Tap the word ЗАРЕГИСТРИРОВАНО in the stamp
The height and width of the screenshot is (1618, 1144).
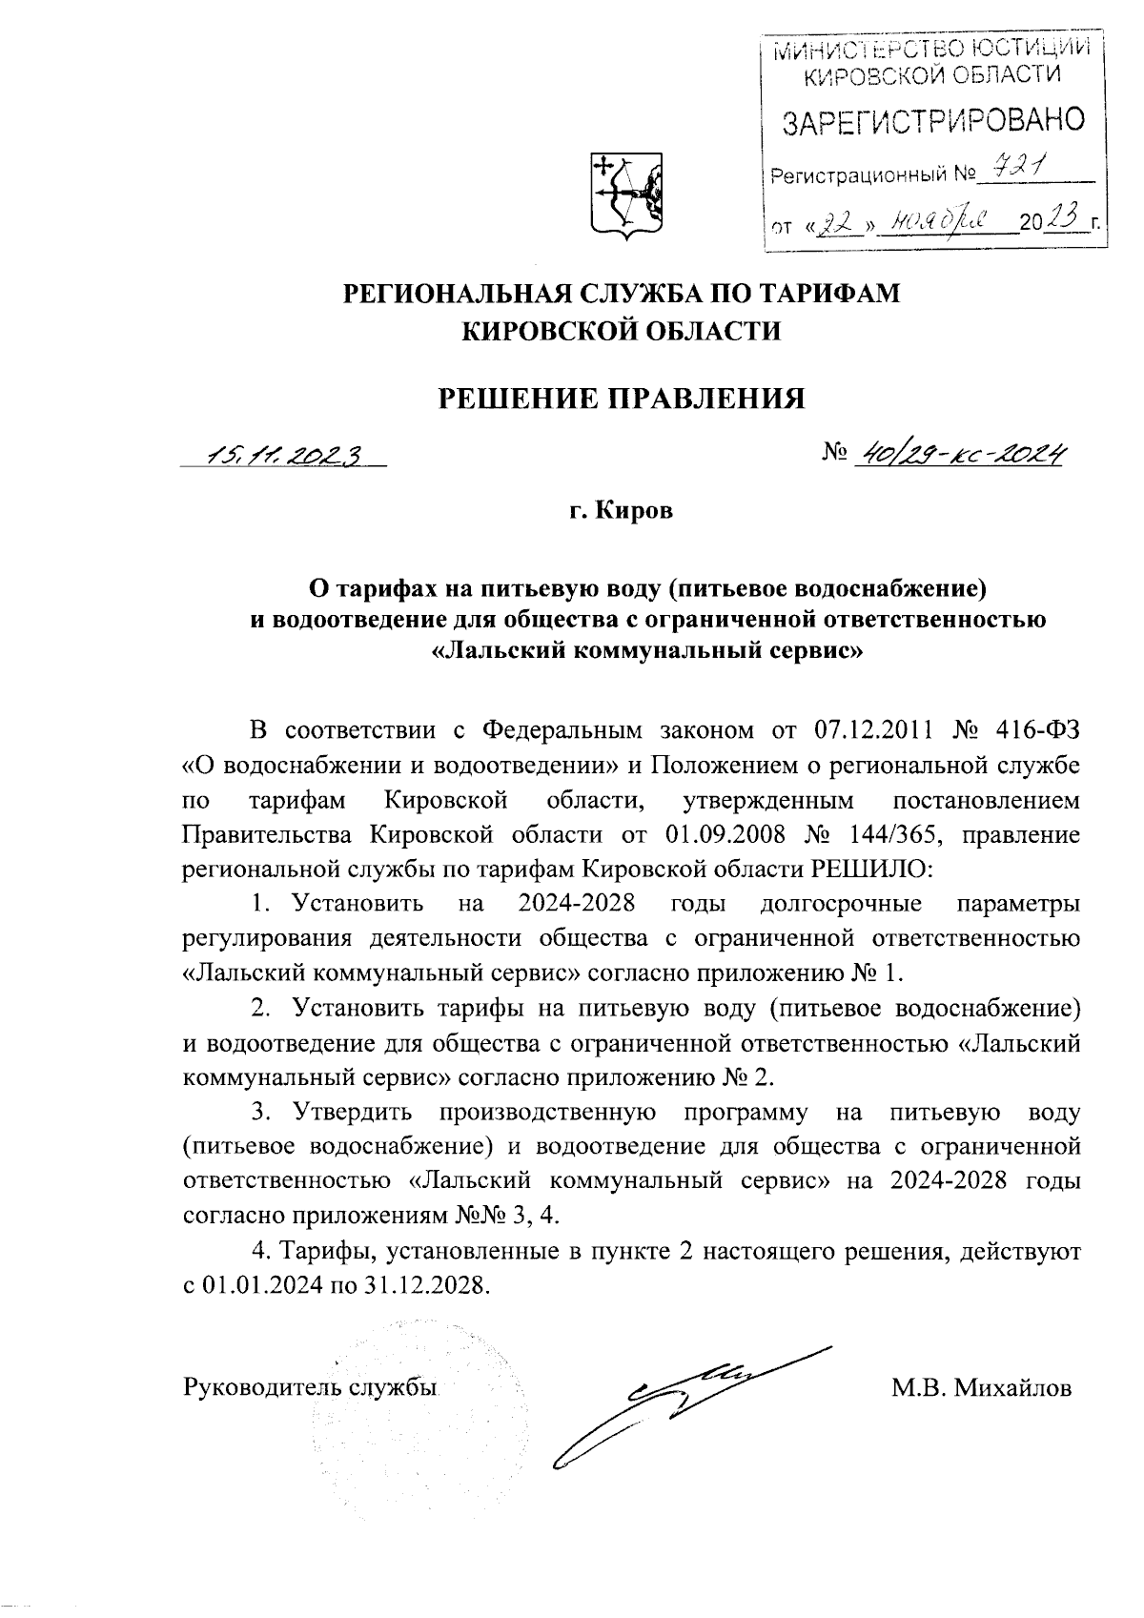tap(933, 122)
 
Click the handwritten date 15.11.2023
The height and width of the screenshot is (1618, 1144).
tap(285, 457)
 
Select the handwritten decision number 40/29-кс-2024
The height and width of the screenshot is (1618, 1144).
tap(961, 455)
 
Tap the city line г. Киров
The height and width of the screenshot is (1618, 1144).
tap(621, 511)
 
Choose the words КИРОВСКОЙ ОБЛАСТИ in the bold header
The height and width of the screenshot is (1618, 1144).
tap(621, 331)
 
